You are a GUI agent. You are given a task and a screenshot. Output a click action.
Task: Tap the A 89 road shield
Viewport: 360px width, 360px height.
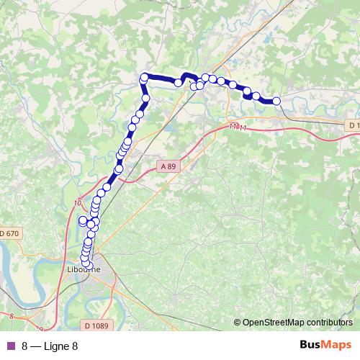tap(167, 166)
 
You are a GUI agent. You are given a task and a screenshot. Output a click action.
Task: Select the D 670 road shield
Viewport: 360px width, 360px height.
tap(10, 233)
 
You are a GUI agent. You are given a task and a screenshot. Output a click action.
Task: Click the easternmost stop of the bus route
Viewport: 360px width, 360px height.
tap(276, 101)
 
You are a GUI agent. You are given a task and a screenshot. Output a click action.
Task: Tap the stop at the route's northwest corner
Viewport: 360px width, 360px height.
tap(145, 77)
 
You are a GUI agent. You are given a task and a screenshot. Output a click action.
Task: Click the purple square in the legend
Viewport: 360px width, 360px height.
tap(10, 346)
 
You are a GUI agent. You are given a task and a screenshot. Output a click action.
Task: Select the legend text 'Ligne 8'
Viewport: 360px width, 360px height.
tap(60, 346)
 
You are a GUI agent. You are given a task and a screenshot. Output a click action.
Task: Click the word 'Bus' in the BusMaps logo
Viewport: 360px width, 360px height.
tap(311, 345)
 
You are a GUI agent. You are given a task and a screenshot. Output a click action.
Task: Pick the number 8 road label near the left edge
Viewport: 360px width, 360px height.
tap(12, 315)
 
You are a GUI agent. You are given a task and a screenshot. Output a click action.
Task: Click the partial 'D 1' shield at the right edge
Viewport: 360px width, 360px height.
tap(353, 125)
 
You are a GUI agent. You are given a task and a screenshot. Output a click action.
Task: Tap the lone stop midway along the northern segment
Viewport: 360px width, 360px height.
tap(178, 83)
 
